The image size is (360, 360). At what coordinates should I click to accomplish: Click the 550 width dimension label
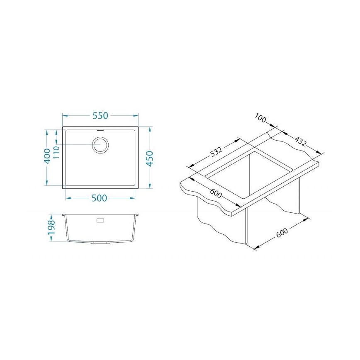100,116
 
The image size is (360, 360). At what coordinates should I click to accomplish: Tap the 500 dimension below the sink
100,198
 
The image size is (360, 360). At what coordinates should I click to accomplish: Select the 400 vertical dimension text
47,156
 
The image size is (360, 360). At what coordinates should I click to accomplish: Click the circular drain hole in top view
100,145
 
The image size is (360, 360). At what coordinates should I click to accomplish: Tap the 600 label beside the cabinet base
282,233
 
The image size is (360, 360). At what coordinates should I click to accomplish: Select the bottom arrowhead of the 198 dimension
51,241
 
